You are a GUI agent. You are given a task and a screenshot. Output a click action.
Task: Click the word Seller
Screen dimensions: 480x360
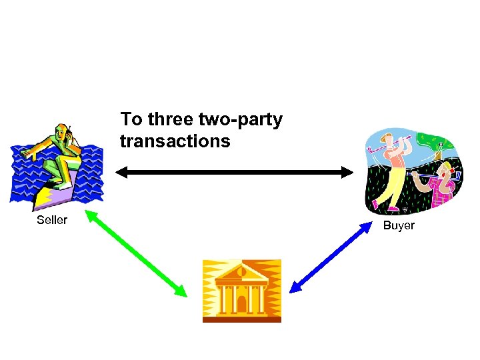52,220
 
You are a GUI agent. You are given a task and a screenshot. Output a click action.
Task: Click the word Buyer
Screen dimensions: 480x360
399,225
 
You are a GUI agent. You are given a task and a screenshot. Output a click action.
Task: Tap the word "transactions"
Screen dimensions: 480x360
175,141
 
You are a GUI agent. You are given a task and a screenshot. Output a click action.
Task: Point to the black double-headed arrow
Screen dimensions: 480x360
234,173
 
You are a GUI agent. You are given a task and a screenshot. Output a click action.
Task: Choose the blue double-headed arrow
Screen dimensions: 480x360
331,257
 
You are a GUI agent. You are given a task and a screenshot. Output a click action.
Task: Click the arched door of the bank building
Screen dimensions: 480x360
242,303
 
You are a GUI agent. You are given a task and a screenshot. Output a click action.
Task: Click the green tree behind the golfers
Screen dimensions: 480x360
436,143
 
